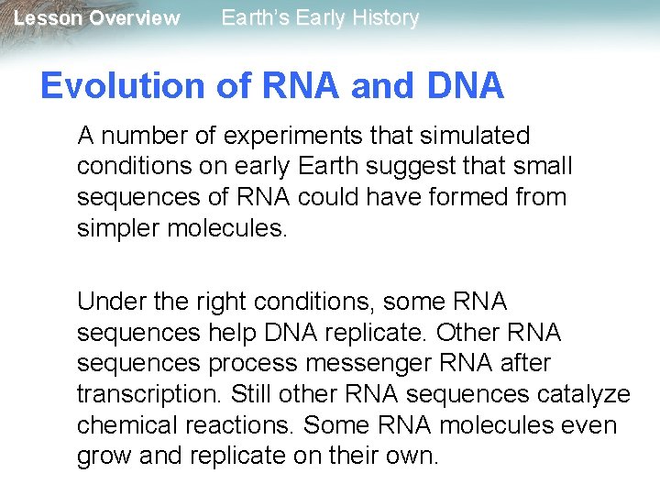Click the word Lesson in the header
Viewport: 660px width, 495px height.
[x=47, y=18]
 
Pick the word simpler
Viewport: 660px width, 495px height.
[x=118, y=227]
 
